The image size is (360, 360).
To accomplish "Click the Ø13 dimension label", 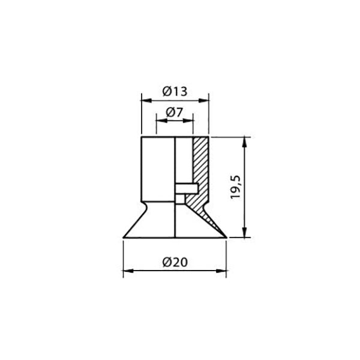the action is coord(175,91).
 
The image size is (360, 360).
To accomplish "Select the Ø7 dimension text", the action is coord(174,112).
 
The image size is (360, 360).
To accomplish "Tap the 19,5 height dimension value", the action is coord(235,187).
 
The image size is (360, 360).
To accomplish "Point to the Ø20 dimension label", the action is coord(175,262).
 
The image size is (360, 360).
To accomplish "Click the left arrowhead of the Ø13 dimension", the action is coord(146,101).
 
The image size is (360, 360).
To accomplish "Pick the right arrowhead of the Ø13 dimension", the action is coord(203,101).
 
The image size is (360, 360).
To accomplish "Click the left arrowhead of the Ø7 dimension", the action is coord(161,121).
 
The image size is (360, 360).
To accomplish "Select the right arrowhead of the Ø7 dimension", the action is coord(188,121).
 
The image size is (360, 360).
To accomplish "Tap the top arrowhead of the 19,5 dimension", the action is coord(245,142).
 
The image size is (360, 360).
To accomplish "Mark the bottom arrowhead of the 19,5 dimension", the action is coord(245,232).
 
